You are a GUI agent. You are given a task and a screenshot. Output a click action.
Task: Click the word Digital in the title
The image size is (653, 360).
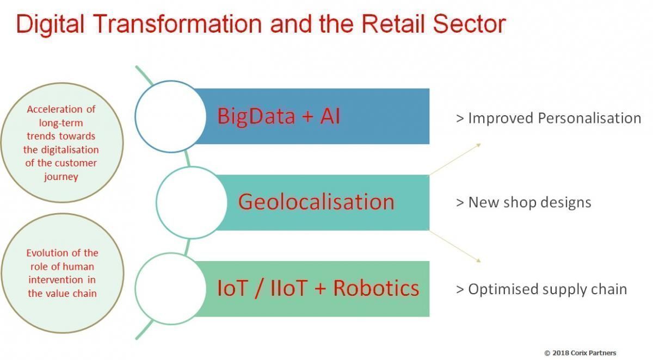(50, 24)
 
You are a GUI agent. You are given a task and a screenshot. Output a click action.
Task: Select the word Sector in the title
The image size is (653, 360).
(469, 23)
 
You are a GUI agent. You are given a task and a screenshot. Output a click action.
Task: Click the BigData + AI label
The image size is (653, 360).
(279, 116)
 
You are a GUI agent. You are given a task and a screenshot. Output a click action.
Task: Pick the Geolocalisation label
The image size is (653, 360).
(316, 202)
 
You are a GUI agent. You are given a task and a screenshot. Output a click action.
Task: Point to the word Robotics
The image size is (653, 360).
(376, 288)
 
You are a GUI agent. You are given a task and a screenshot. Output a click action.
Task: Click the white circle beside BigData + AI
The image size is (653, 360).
(171, 116)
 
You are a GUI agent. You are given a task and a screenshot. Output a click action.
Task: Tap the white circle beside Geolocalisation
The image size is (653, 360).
(192, 203)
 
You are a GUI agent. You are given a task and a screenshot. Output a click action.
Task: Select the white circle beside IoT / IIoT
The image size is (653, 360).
(171, 289)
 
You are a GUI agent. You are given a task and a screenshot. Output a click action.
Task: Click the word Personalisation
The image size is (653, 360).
(589, 119)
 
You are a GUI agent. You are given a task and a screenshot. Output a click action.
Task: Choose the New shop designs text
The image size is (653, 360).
(524, 202)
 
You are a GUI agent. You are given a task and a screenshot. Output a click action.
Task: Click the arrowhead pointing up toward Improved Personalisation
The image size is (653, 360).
(479, 145)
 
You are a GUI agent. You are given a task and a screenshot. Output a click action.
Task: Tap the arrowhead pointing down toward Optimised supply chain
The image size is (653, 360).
(478, 260)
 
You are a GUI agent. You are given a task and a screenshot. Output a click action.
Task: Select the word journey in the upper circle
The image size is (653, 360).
(61, 177)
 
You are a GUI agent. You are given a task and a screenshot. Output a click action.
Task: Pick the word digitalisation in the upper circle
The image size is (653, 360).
(70, 150)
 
